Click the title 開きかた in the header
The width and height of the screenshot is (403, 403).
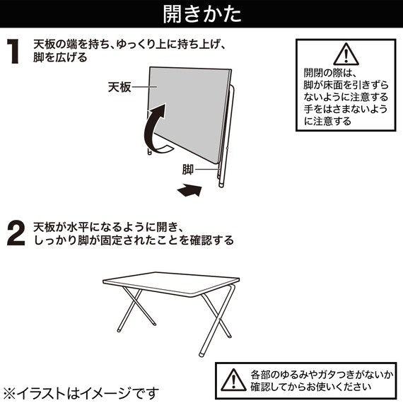point(201,14)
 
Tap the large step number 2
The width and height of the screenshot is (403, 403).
point(16,234)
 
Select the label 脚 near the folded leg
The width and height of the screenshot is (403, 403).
point(188,170)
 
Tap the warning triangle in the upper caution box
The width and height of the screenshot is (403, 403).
point(344,54)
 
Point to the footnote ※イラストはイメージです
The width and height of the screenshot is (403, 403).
point(81,391)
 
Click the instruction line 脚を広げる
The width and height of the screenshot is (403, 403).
point(61,57)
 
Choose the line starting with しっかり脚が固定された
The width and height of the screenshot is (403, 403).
point(134,240)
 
